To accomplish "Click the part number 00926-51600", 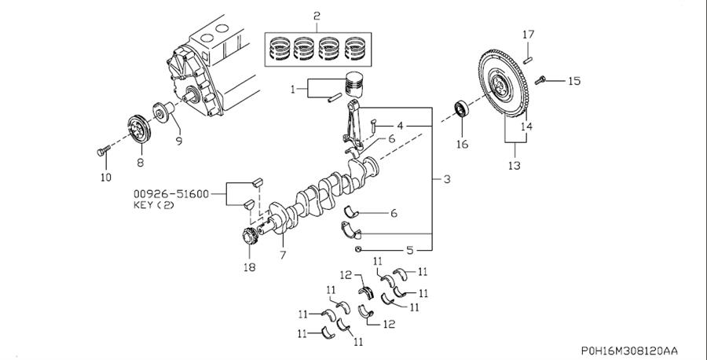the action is click(x=171, y=194).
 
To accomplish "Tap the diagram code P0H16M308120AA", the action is click(x=629, y=351).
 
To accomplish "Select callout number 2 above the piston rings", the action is click(x=317, y=17).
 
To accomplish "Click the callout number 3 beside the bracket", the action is click(x=447, y=179).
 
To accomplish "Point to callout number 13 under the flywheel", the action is click(x=514, y=166).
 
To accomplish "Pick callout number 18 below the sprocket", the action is click(x=249, y=267).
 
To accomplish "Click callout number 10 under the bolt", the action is click(x=105, y=178).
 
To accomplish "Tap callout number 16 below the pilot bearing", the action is click(x=462, y=145).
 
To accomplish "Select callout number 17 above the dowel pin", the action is click(x=529, y=35).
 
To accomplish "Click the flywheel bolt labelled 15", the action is click(x=540, y=80).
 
